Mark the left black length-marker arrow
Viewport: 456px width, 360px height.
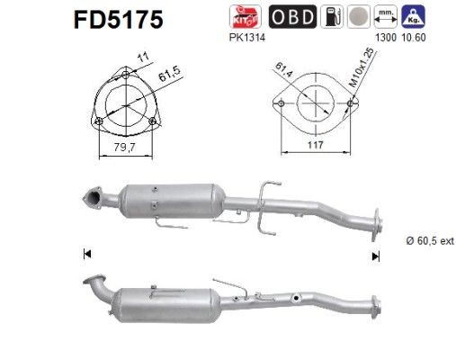click(x=87, y=255)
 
